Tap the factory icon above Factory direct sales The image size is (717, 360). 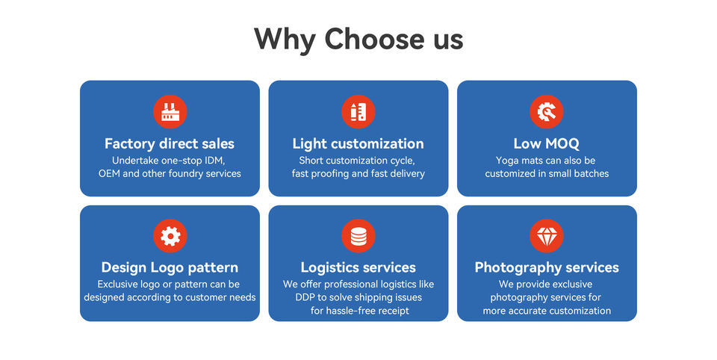170,112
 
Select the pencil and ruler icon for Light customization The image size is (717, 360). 358,112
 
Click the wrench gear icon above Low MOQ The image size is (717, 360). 547,112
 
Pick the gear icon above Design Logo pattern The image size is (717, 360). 170,236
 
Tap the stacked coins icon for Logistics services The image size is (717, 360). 358,236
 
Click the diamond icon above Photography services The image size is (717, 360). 547,236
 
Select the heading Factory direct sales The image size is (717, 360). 170,143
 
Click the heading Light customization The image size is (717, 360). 358,143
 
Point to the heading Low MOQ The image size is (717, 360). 547,143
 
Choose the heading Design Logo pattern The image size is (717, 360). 170,267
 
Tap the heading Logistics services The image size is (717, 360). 358,267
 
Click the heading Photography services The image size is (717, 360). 547,267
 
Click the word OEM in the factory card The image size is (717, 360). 110,174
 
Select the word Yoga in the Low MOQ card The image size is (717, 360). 507,161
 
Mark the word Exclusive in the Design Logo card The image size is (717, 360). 118,285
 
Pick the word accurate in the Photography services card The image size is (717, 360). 528,311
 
